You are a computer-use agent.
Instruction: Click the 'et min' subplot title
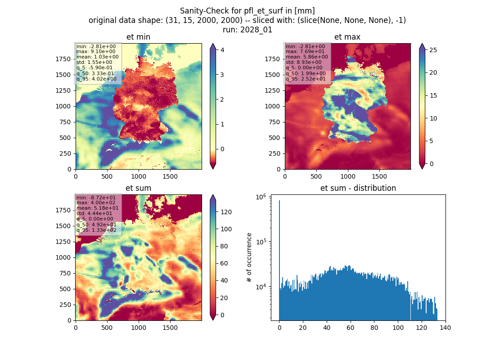138,37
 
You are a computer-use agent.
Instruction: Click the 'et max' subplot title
347,37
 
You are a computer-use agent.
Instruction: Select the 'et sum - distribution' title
358,188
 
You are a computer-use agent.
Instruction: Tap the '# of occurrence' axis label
249,258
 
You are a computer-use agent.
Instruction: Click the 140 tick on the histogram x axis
445,328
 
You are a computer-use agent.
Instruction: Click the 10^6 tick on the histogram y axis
261,197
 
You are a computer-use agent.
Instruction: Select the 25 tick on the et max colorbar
433,50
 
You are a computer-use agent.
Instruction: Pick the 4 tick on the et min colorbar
222,50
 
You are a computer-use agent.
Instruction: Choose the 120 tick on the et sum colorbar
226,212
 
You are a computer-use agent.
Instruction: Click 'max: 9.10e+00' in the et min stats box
96,51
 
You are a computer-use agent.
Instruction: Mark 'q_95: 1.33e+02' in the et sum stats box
96,230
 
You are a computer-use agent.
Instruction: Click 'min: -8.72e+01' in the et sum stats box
96,198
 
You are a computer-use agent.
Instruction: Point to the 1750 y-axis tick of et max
272,59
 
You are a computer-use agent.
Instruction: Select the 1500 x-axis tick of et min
170,176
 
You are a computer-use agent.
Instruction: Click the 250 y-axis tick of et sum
65,305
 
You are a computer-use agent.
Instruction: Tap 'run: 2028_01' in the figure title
247,30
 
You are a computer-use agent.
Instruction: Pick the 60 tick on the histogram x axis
351,328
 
